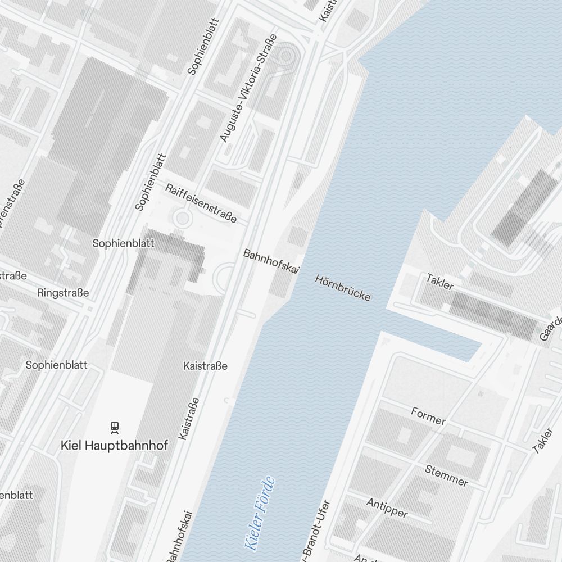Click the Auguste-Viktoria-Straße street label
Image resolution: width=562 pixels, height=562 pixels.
(248, 88)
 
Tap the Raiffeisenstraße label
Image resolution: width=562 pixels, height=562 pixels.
(201, 202)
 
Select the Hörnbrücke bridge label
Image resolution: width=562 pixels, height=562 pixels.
(343, 287)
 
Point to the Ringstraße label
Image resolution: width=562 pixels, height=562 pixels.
(63, 293)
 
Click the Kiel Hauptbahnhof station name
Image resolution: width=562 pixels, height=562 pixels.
(114, 446)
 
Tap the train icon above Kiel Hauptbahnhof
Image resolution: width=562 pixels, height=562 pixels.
(115, 428)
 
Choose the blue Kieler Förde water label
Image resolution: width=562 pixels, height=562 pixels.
(259, 513)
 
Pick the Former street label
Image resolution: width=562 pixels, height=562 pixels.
(428, 416)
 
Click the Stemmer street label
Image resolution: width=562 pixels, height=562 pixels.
(446, 475)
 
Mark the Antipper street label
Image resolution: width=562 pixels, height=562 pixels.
(387, 507)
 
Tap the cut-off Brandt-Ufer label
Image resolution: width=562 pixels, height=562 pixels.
(315, 531)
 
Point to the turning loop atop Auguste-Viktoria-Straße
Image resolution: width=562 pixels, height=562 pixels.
(287, 55)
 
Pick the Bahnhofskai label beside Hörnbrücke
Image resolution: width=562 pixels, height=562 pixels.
(269, 262)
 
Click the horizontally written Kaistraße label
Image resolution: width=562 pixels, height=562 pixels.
(205, 366)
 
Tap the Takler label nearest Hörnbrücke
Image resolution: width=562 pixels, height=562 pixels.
(439, 282)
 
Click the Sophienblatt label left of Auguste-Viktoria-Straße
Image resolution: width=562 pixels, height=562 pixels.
(202, 46)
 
